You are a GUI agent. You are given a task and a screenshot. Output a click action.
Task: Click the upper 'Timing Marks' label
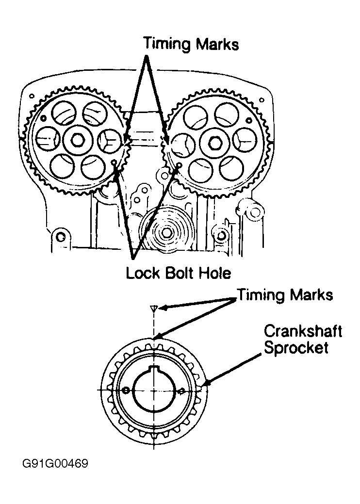[x=191, y=44]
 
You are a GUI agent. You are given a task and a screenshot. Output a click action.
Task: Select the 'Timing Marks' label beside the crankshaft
[x=285, y=295]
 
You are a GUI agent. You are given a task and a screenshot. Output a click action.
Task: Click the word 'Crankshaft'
[x=303, y=332]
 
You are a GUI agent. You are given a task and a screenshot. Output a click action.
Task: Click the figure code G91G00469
[x=54, y=464]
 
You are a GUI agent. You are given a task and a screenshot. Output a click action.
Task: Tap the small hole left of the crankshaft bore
[x=126, y=390]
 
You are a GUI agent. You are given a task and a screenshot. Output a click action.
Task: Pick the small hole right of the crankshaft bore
[x=181, y=390]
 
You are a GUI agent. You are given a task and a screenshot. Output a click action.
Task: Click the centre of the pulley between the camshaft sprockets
[x=166, y=233]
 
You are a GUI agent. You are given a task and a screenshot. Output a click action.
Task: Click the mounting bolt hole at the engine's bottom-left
[x=61, y=236]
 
